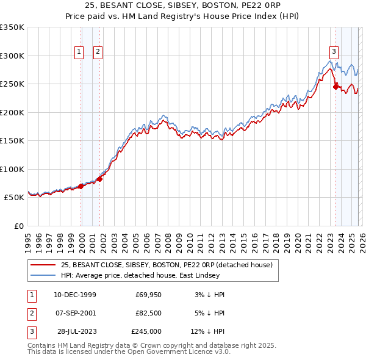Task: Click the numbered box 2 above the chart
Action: point(98,52)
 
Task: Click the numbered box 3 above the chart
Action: point(334,52)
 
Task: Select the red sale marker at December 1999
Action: point(81,186)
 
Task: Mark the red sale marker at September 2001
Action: point(99,179)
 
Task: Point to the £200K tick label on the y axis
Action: point(12,112)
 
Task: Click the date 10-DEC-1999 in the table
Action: point(74,295)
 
